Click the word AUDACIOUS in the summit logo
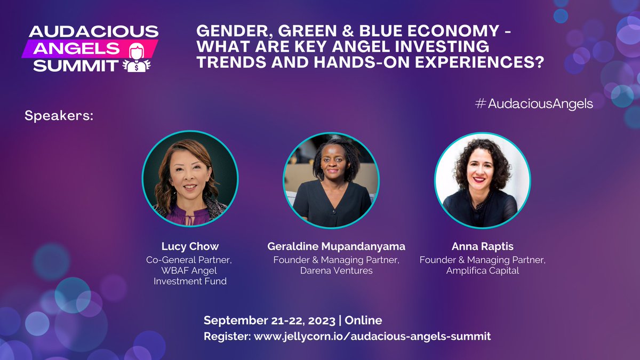[93, 31]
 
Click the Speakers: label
[59, 116]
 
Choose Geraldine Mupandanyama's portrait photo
[331, 180]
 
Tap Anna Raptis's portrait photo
[482, 180]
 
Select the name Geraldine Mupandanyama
[336, 246]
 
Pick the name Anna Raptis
[482, 246]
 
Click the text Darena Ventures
[336, 270]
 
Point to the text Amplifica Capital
[482, 270]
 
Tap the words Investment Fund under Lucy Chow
[190, 281]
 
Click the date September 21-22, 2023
[270, 321]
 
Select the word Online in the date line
[364, 321]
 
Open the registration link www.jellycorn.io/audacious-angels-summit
[372, 337]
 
